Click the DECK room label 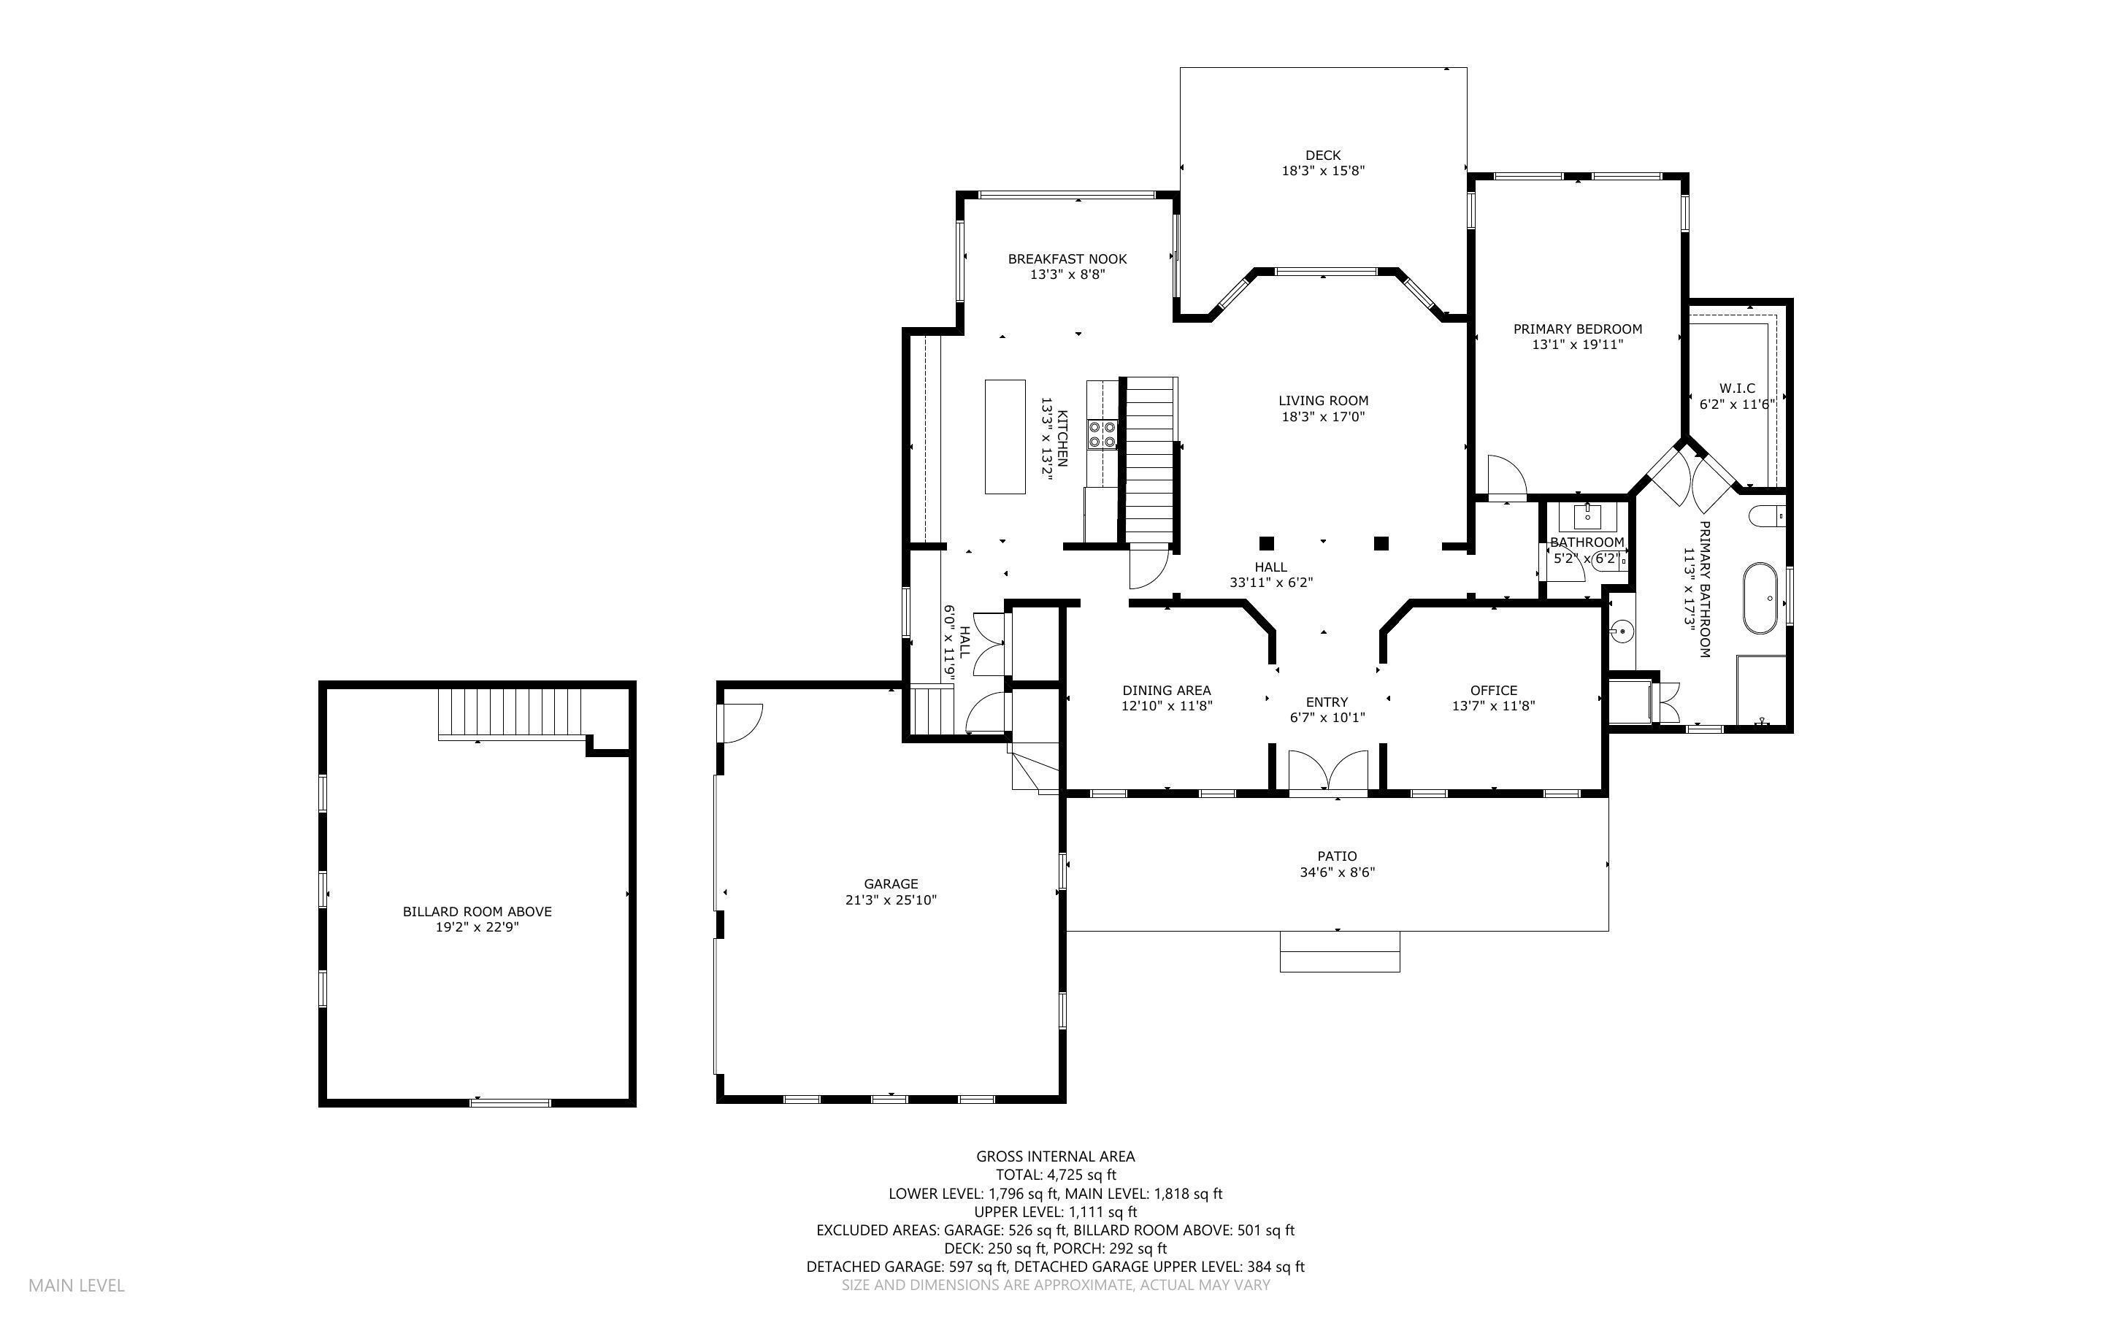pyautogui.click(x=1322, y=156)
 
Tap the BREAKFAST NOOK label pyautogui.click(x=1067, y=259)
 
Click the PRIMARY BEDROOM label pyautogui.click(x=1576, y=329)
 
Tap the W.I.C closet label pyautogui.click(x=1736, y=388)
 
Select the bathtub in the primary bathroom pyautogui.click(x=1760, y=598)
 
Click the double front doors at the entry pyautogui.click(x=1327, y=772)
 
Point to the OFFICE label pyautogui.click(x=1492, y=691)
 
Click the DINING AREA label pyautogui.click(x=1166, y=691)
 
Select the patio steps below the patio pyautogui.click(x=1339, y=951)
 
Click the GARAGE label pyautogui.click(x=890, y=883)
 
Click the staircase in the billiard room pyautogui.click(x=510, y=713)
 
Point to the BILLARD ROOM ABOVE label pyautogui.click(x=477, y=911)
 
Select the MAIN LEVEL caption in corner pyautogui.click(x=77, y=1285)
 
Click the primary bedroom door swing pyautogui.click(x=1505, y=477)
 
